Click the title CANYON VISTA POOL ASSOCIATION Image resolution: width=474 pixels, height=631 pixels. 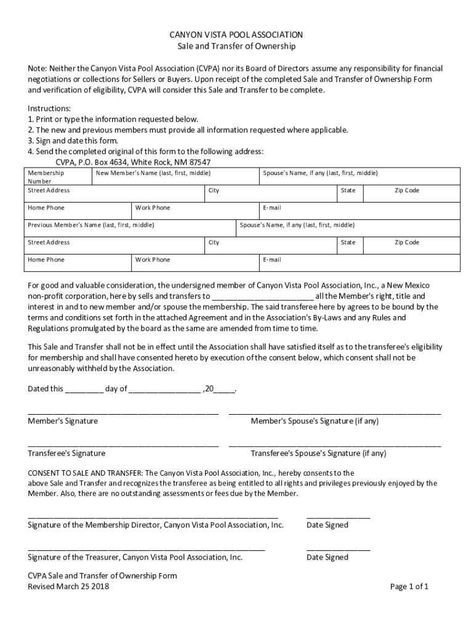coord(236,35)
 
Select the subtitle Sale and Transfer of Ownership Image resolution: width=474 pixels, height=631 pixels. coord(236,47)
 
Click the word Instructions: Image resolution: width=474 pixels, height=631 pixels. coord(49,108)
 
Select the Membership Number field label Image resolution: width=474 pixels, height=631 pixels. coord(46,177)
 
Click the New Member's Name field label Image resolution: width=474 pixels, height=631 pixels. coord(153,174)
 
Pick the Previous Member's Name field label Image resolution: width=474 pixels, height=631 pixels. coord(91,226)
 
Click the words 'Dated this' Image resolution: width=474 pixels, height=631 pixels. coord(45,389)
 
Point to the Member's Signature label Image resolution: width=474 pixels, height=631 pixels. coord(62,421)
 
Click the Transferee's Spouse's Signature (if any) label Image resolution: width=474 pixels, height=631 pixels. coord(318,454)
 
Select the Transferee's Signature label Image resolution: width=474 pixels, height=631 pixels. coord(66,454)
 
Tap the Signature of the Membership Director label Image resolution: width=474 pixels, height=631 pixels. coord(156,526)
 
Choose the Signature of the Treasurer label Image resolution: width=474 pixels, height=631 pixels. coord(135,558)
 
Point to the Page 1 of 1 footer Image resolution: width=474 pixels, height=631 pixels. coord(409,587)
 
